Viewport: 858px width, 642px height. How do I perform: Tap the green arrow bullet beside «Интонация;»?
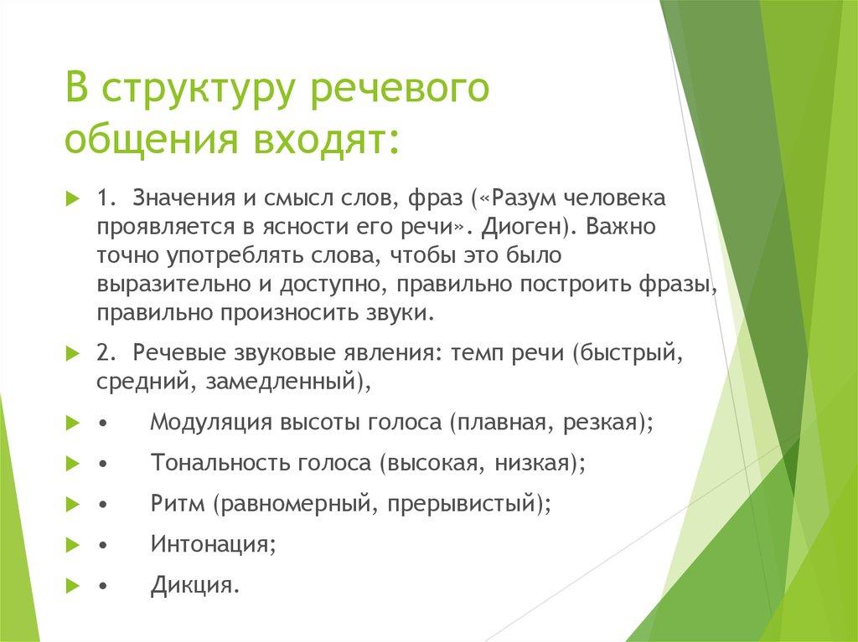pos(71,544)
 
